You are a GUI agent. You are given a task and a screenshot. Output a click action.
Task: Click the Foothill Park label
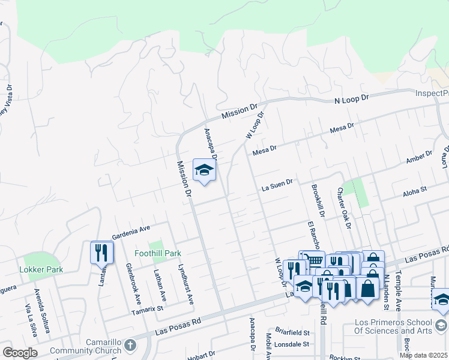(x=157, y=254)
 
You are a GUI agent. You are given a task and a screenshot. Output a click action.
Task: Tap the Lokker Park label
(x=41, y=270)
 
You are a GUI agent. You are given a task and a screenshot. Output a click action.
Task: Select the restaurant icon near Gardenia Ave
(x=101, y=253)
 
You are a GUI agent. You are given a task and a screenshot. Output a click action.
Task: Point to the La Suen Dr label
(x=277, y=187)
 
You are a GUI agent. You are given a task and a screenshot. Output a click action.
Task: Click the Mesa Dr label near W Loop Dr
(x=264, y=149)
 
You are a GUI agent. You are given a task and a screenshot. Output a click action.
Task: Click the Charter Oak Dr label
(x=343, y=208)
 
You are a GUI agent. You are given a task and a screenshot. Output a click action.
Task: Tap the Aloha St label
(x=414, y=190)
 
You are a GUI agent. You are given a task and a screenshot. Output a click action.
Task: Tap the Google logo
(x=19, y=353)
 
